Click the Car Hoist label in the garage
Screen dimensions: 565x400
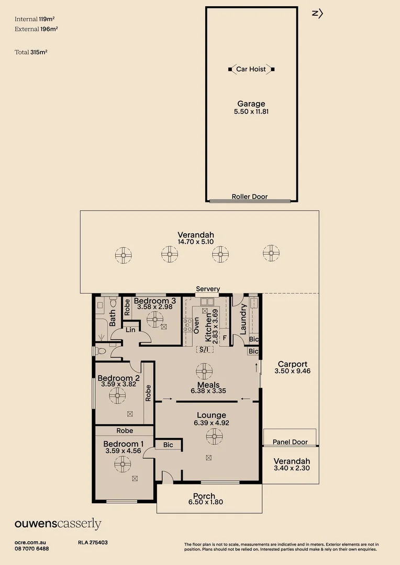click(251, 69)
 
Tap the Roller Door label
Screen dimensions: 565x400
click(250, 197)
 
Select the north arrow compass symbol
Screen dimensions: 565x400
click(317, 14)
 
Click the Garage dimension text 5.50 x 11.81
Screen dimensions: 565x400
click(251, 111)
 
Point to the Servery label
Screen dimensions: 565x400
click(208, 289)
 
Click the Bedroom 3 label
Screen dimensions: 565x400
click(154, 301)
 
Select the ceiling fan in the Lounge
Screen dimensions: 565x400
click(214, 436)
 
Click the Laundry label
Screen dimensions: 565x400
click(243, 319)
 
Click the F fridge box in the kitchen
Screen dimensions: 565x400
click(224, 338)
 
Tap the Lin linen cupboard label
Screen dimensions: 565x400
click(130, 330)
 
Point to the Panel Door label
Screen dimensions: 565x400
click(290, 442)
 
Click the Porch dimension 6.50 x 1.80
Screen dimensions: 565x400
click(204, 503)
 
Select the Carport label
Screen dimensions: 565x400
click(292, 364)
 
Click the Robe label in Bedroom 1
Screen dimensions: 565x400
click(125, 431)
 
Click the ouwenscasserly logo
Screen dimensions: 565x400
click(58, 524)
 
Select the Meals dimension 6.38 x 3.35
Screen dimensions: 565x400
click(207, 391)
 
